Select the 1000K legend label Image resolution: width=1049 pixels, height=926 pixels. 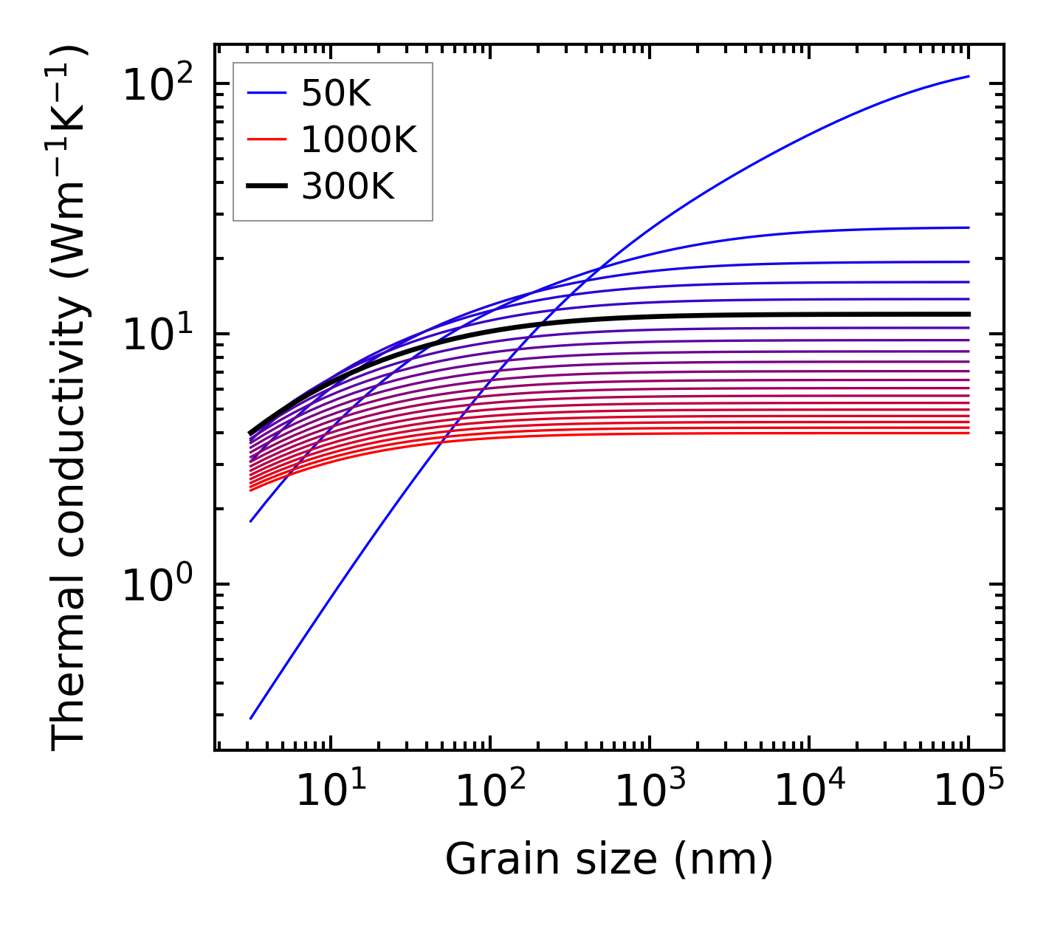pos(359,140)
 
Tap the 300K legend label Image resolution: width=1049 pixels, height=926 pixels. pos(348,187)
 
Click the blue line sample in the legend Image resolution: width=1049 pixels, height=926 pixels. pos(266,93)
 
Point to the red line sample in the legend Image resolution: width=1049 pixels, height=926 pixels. pos(266,140)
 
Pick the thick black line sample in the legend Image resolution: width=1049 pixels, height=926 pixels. pos(266,187)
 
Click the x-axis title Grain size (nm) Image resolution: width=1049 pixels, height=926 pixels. pos(609,859)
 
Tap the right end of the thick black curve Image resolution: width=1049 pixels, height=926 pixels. pos(968,314)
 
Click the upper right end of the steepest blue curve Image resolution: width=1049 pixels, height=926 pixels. pos(968,76)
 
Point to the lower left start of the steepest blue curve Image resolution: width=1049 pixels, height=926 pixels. pos(251,718)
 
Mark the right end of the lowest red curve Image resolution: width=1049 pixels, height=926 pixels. pos(968,433)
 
